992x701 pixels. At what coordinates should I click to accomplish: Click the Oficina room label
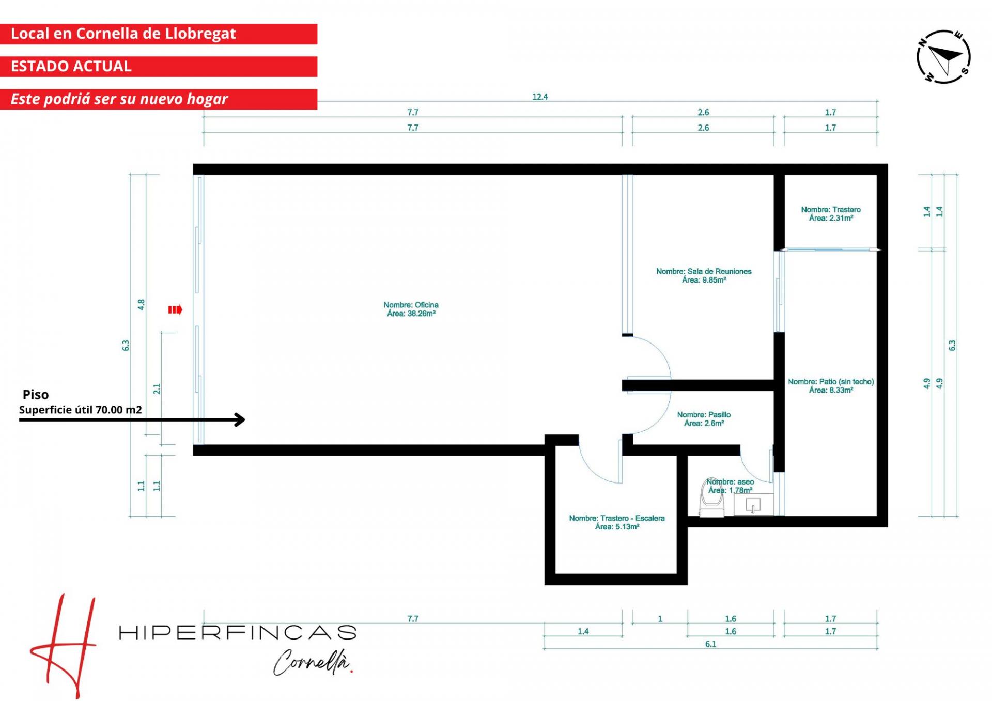pyautogui.click(x=411, y=309)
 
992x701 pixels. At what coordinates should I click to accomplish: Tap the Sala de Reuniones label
pyautogui.click(x=704, y=275)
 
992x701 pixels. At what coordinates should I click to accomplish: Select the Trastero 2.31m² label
pyautogui.click(x=831, y=214)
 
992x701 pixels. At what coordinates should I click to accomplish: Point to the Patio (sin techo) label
pyautogui.click(x=831, y=386)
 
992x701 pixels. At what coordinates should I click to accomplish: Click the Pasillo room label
pyautogui.click(x=704, y=419)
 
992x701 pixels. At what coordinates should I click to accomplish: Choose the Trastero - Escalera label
pyautogui.click(x=617, y=522)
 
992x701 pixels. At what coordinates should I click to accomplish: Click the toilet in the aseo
pyautogui.click(x=711, y=499)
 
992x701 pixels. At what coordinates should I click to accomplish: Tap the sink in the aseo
pyautogui.click(x=753, y=505)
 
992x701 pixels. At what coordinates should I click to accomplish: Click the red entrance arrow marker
pyautogui.click(x=175, y=310)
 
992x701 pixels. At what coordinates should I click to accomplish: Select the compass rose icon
pyautogui.click(x=943, y=57)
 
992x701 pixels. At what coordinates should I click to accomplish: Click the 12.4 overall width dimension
pyautogui.click(x=540, y=97)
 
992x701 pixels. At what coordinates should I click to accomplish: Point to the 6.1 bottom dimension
pyautogui.click(x=710, y=644)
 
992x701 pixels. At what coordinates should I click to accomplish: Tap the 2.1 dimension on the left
pyautogui.click(x=157, y=388)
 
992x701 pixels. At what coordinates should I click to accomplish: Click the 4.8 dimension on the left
pyautogui.click(x=141, y=305)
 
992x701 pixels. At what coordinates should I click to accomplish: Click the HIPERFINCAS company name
pyautogui.click(x=238, y=632)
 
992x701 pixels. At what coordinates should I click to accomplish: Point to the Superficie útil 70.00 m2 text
pyautogui.click(x=81, y=410)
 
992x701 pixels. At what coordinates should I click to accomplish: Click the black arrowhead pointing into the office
pyautogui.click(x=240, y=419)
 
